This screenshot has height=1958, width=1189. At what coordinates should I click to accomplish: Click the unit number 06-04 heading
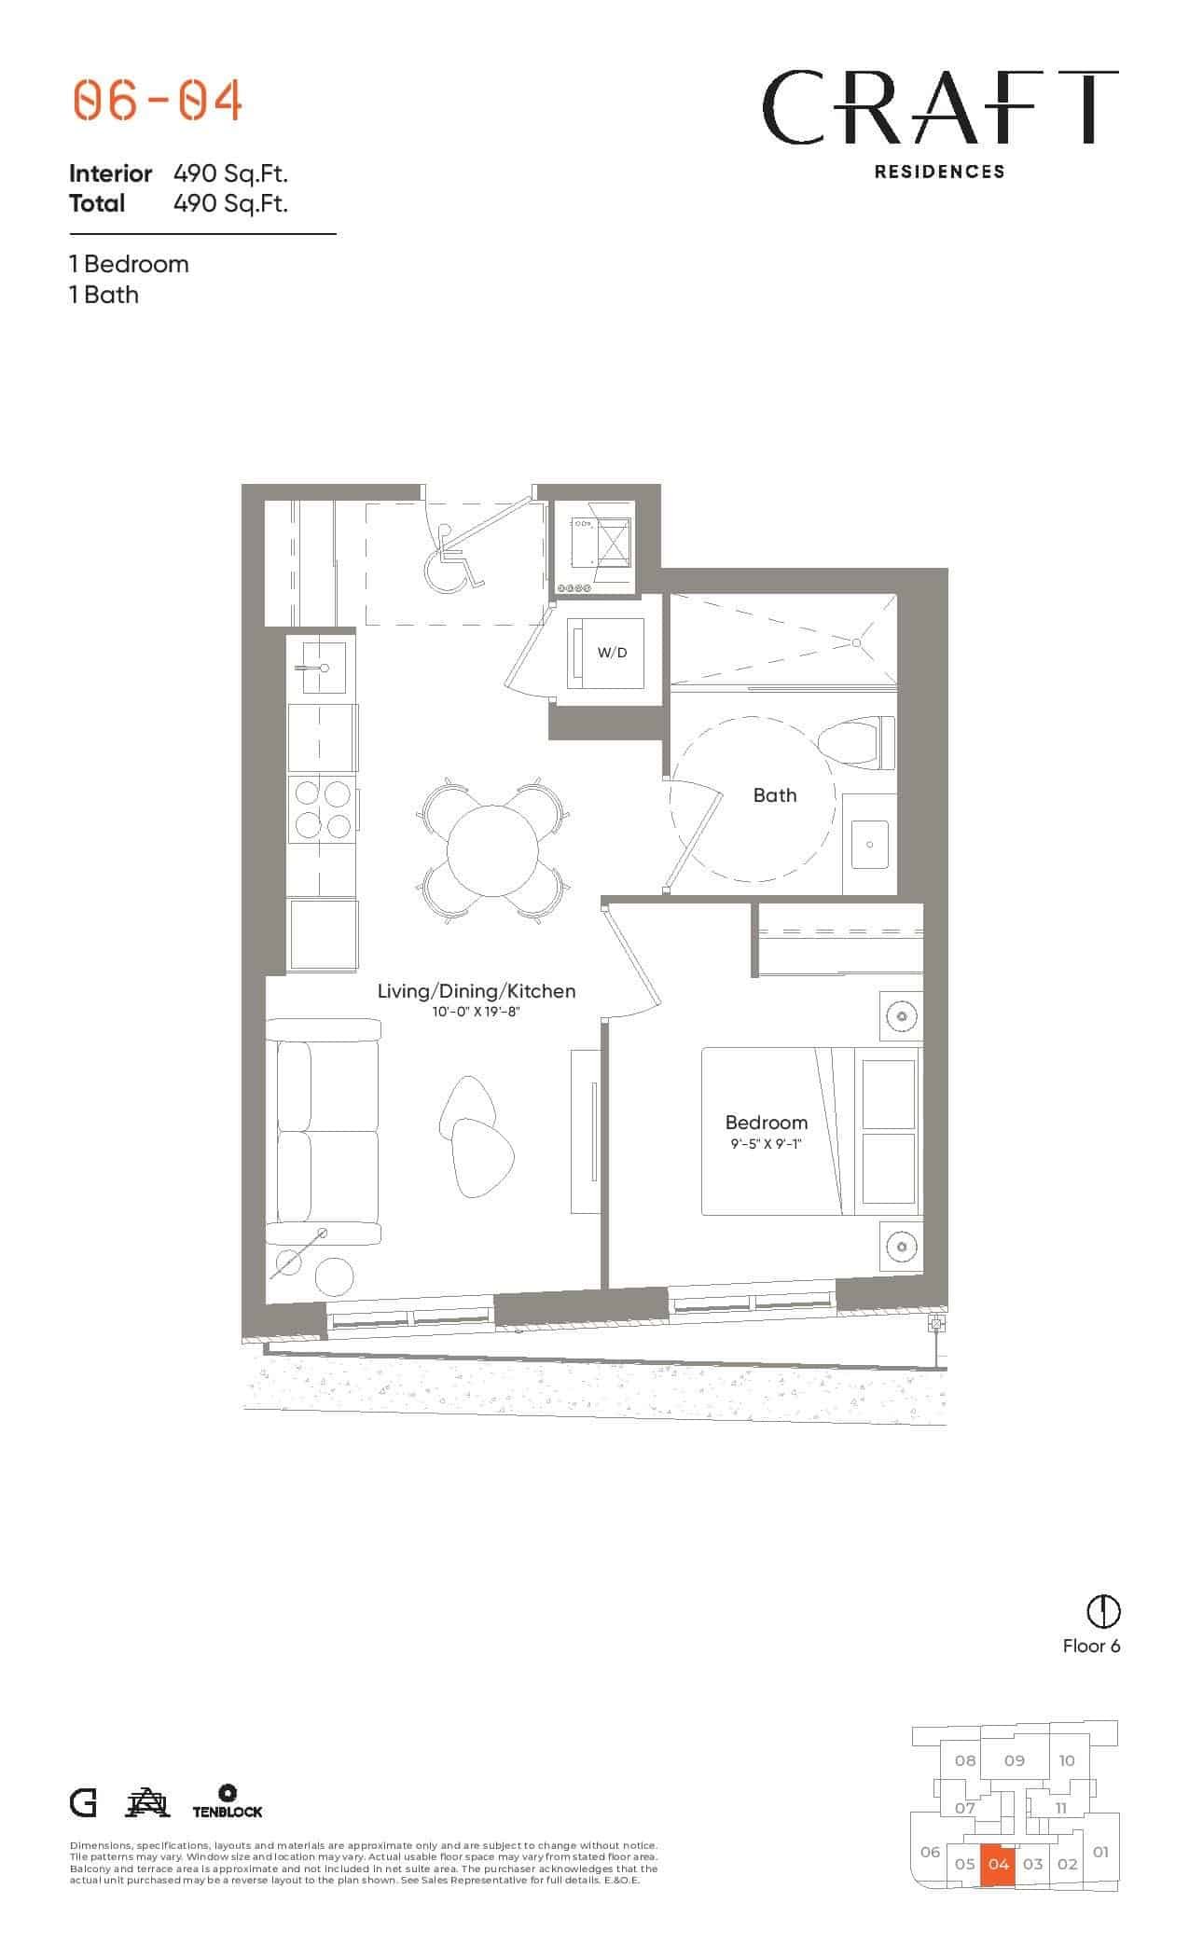158,101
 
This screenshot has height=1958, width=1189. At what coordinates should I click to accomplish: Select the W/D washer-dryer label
612,653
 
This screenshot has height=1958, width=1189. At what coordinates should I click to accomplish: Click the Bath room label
775,795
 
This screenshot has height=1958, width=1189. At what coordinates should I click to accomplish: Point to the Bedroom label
767,1123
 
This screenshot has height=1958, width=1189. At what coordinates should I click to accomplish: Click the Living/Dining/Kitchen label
477,991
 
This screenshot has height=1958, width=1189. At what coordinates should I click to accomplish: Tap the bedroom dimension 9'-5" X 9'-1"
767,1142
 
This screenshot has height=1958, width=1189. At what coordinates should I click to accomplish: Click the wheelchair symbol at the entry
452,559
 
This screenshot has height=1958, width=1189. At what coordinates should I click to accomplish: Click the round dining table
492,850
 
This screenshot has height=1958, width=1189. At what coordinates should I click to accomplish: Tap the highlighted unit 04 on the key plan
999,1865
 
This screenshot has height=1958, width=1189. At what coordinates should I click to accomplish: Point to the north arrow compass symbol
1104,1610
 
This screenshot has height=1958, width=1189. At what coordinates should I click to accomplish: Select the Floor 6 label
1091,1646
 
